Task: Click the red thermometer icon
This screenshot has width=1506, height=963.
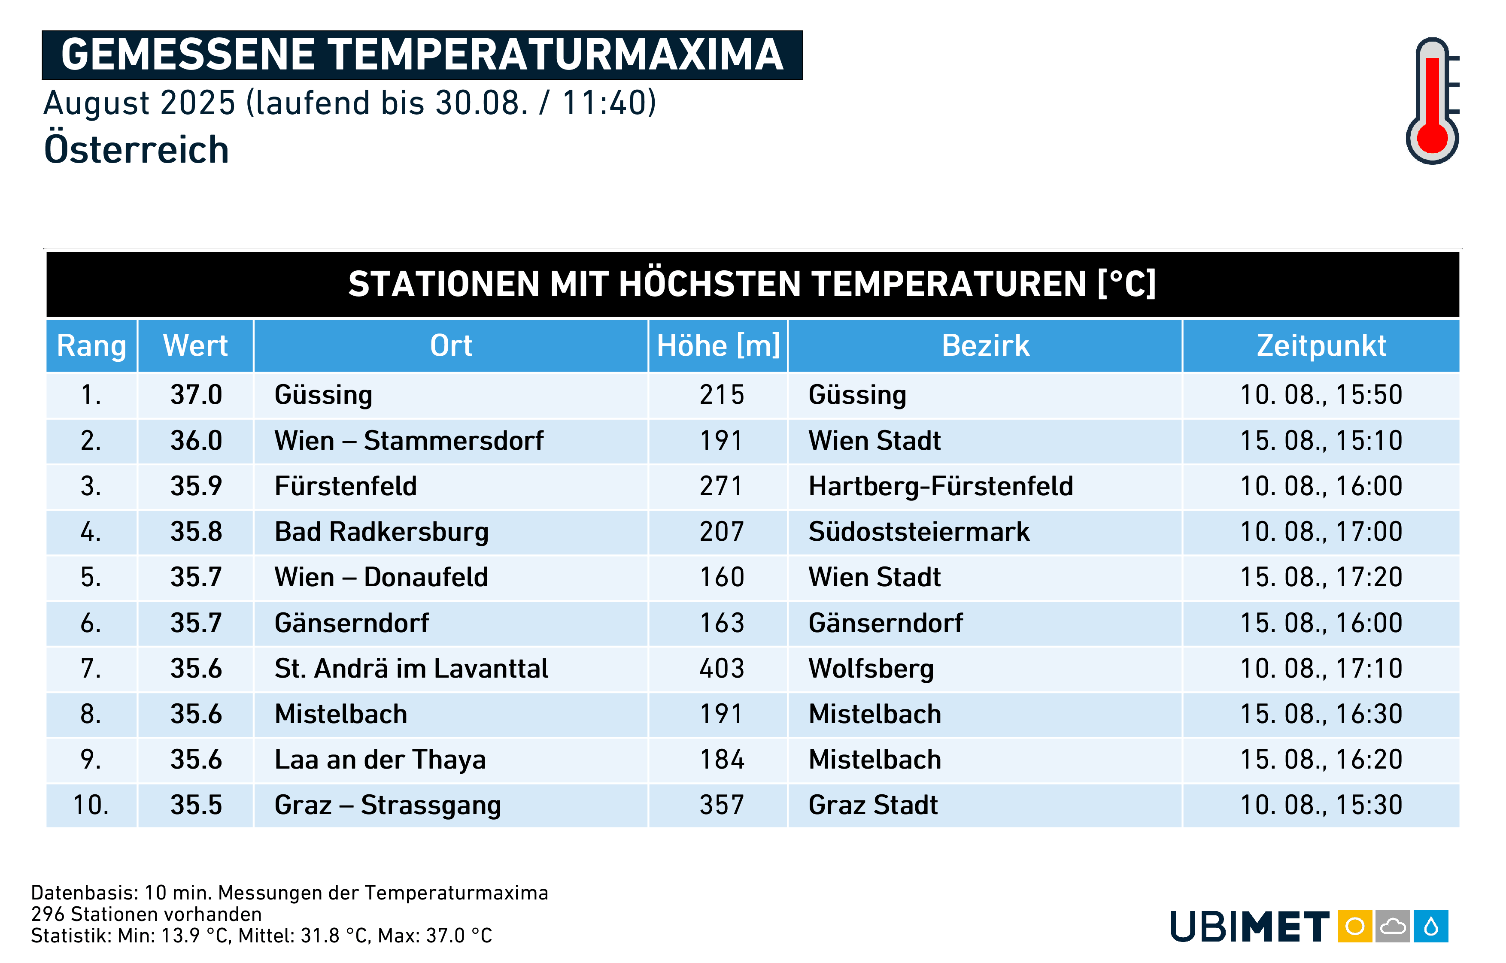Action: [1432, 101]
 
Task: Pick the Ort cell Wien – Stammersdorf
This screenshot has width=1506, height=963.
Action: [409, 441]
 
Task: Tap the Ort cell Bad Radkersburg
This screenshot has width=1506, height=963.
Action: [382, 532]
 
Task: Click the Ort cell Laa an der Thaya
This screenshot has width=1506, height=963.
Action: [380, 760]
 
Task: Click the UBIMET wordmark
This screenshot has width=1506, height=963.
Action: [1250, 927]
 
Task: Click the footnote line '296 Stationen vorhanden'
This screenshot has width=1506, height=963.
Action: [146, 914]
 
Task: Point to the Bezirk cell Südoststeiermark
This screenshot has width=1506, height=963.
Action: [919, 532]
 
